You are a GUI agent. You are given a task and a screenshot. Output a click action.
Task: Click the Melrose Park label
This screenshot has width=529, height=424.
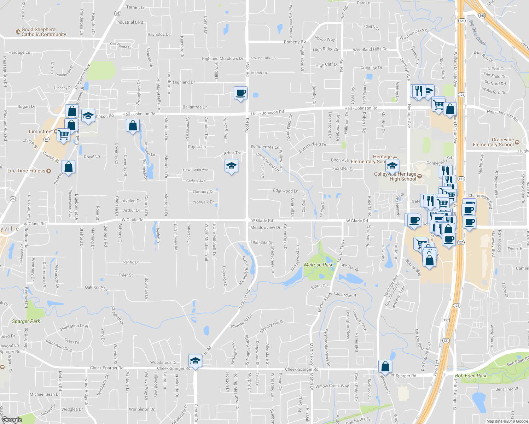tap(318, 265)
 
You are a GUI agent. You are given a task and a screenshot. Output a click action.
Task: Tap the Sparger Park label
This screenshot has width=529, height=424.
tap(26, 321)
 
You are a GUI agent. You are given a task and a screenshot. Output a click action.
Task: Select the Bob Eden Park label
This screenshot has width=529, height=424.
tap(471, 376)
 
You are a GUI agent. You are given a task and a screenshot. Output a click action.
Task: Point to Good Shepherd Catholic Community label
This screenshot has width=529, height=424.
tap(43, 32)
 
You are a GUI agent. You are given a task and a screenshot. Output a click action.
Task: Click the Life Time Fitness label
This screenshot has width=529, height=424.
tap(27, 171)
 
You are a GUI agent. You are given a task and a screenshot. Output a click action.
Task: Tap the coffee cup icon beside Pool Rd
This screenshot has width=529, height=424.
tap(240, 93)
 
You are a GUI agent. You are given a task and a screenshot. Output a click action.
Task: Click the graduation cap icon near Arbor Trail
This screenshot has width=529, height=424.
tap(231, 166)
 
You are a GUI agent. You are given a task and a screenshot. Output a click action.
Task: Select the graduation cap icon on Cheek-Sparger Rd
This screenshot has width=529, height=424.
tap(195, 361)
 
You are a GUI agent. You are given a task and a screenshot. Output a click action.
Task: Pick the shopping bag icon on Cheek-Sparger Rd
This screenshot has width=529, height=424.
tap(385, 366)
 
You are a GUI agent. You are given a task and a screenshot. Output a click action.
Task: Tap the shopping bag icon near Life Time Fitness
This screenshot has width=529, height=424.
tap(69, 167)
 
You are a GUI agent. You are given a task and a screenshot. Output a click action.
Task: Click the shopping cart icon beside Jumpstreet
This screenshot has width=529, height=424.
tap(64, 135)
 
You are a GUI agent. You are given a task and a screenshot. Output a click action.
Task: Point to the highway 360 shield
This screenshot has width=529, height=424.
tap(482, 16)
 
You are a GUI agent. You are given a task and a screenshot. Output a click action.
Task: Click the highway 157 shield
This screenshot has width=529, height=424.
tap(446, 320)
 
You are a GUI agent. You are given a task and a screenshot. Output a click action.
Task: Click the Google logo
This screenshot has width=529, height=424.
tap(12, 420)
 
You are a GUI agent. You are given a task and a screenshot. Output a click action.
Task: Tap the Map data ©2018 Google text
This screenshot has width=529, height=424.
tap(507, 421)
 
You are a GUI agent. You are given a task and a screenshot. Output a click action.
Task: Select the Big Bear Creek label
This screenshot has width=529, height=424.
tap(477, 33)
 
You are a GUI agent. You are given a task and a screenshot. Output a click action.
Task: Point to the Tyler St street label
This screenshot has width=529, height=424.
tap(126, 275)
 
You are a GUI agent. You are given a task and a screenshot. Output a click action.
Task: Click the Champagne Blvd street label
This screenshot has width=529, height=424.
tap(480, 200)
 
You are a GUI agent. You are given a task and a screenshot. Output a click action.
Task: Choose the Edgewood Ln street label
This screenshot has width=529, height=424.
tap(285, 191)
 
